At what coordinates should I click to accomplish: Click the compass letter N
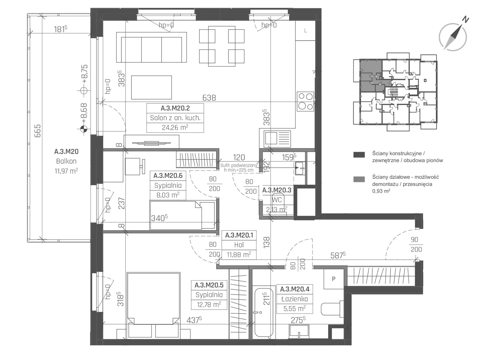pos(466,20)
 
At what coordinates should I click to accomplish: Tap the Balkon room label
pos(66,161)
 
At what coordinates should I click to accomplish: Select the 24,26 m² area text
pos(175,127)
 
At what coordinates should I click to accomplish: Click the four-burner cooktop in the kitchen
pos(306,101)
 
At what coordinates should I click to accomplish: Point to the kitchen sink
pos(277,139)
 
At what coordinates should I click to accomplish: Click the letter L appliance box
pos(305,31)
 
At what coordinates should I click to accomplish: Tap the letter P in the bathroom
pos(333,279)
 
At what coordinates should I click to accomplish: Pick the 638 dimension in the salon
pos(209,98)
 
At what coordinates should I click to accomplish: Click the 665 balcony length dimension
pos(37,131)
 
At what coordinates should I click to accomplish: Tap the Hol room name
pos(239,245)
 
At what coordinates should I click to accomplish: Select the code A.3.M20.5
pos(209,285)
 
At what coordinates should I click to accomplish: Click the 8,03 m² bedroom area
pos(168,195)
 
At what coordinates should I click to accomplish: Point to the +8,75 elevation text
pos(84,74)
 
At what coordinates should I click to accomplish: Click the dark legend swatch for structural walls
pos(359,155)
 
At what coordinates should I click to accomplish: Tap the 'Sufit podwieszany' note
pos(239,165)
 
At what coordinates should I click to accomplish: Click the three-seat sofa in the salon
pos(151,47)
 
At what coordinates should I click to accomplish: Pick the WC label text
pos(277,200)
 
